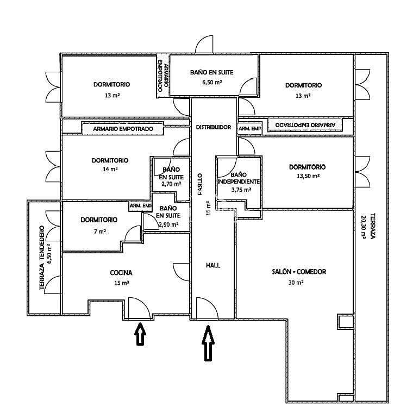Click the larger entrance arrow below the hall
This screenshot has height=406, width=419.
click(208, 343)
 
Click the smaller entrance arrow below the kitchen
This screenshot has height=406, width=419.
click(140, 334)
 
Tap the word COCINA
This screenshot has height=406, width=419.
click(121, 273)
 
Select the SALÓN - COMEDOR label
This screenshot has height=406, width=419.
click(299, 272)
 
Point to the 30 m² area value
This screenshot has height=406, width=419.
click(296, 283)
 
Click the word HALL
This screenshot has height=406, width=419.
click(213, 265)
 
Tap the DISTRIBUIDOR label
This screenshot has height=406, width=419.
click(213, 127)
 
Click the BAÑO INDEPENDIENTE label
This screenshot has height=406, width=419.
click(239, 178)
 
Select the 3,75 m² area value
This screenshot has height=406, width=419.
click(241, 190)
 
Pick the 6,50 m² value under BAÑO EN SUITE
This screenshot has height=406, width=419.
click(212, 82)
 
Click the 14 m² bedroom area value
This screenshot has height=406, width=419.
click(110, 169)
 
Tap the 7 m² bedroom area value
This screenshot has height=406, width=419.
click(99, 232)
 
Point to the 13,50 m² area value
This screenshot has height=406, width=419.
click(308, 176)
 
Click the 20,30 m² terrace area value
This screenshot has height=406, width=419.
click(363, 227)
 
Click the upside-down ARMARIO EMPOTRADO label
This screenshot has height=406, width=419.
click(305, 125)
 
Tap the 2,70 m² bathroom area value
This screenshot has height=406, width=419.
click(171, 184)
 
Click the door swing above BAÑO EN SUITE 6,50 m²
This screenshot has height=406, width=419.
click(204, 45)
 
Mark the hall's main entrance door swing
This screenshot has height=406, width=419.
click(207, 308)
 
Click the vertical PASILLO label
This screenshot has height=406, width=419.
click(200, 184)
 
